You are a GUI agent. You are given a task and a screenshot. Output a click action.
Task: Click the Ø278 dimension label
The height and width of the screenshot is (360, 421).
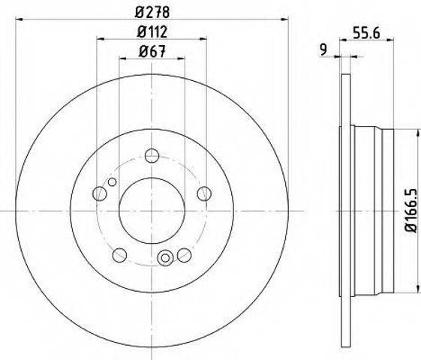[x=152, y=12]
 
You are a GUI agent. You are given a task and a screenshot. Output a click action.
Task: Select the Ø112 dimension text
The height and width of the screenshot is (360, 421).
[x=152, y=32]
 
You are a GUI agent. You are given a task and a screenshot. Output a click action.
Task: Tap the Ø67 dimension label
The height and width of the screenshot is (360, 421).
[x=152, y=51]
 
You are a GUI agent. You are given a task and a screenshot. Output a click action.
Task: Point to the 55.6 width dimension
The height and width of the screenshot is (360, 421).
[x=366, y=33]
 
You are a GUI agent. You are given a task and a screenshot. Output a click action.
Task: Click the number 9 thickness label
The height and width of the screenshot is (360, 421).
[x=323, y=49]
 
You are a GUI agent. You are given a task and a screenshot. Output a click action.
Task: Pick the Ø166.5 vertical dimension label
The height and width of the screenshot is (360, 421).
[x=410, y=210]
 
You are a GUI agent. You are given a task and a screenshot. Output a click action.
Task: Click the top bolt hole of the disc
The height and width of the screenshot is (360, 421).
[x=152, y=155]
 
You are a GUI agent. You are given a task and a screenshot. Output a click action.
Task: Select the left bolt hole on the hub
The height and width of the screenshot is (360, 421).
[x=100, y=193]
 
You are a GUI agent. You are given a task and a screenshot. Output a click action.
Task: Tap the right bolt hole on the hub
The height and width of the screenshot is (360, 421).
[x=204, y=193]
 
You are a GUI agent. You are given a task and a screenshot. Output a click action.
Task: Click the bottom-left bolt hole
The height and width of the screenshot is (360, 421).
[x=119, y=255]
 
